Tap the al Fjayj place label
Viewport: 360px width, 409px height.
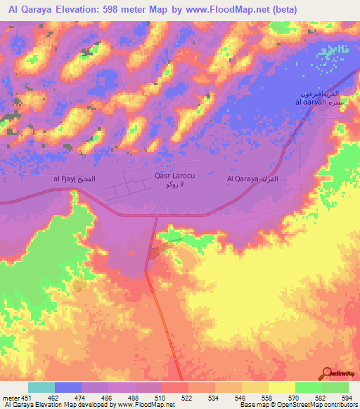[x=79, y=180]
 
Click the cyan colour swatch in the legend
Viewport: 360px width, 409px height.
[x=41, y=387]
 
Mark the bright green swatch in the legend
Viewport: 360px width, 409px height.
[x=308, y=387]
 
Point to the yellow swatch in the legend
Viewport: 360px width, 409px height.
[x=281, y=387]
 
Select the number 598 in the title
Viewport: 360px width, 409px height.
[x=129, y=9]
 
